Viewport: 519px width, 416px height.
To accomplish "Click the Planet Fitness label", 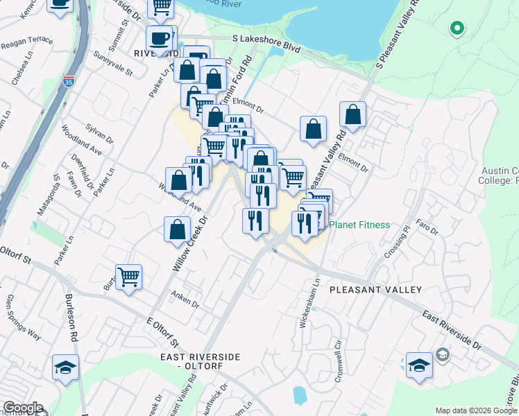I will (359, 225).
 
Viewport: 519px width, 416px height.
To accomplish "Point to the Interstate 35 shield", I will (68, 80).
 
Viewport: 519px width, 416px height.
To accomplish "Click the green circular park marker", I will (457, 28).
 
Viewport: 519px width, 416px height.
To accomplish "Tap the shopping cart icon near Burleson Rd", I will (128, 277).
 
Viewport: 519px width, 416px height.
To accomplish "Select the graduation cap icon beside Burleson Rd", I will (66, 367).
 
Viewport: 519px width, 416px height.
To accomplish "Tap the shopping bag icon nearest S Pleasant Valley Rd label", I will (353, 115).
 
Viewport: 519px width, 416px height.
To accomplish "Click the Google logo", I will (23, 408).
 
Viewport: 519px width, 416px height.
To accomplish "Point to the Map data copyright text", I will (476, 410).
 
